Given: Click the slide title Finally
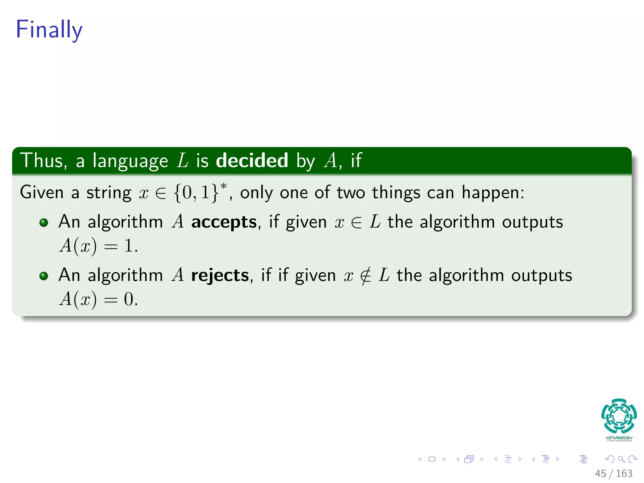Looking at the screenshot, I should [x=49, y=30].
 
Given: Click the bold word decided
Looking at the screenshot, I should [x=252, y=160].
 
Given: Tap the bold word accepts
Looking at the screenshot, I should [x=224, y=222].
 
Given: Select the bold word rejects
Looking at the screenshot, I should [x=220, y=275].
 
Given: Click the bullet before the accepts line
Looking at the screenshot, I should [x=44, y=223].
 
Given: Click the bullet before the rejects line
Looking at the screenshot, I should [x=44, y=276].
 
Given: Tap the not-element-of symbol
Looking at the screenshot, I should [x=365, y=276].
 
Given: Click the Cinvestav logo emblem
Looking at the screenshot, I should [x=619, y=416].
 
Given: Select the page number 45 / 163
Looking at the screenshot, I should [x=613, y=473].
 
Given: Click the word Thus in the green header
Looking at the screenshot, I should [x=43, y=160].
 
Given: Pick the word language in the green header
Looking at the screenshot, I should [x=130, y=161].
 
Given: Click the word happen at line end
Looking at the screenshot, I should [x=492, y=192].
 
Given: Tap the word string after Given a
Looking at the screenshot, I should [x=109, y=192].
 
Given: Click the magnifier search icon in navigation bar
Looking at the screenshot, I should [x=621, y=459].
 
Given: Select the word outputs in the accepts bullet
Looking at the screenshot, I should [x=532, y=222].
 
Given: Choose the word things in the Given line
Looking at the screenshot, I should [x=396, y=192].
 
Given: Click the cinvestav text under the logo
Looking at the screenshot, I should [x=619, y=438].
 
